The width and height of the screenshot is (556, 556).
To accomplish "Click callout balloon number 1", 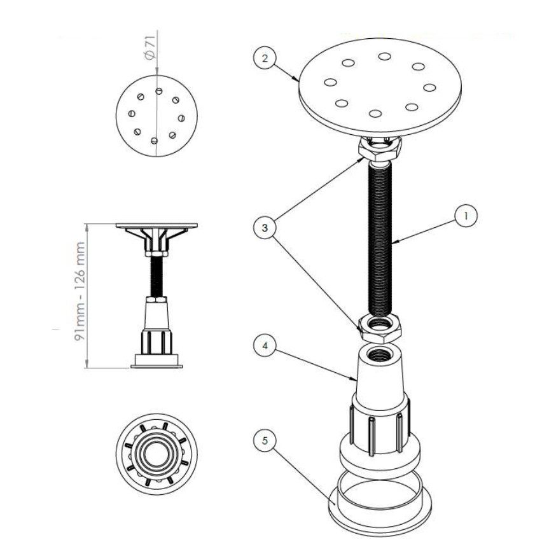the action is [x=466, y=216].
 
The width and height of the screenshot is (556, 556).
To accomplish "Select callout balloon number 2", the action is [x=265, y=58].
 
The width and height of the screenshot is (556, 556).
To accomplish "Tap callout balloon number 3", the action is [x=265, y=228].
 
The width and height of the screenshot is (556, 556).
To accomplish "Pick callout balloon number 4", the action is [x=265, y=345].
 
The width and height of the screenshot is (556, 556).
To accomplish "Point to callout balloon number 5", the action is [x=265, y=441].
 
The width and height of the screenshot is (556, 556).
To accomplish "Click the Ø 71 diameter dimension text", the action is [x=150, y=47].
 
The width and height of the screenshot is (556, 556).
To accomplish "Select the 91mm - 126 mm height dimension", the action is [x=80, y=291].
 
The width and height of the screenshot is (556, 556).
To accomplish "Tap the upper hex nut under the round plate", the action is [x=380, y=149].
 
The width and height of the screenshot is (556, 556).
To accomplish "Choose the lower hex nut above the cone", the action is [x=380, y=328].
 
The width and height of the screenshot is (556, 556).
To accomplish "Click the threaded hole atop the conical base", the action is [x=379, y=354].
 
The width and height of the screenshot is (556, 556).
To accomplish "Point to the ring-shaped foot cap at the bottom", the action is [x=380, y=504].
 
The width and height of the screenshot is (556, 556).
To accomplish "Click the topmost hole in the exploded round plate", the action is [x=384, y=56].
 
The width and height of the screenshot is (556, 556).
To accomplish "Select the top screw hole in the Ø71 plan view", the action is [x=159, y=91].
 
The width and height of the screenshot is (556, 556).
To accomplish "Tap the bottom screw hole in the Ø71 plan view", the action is [x=154, y=141].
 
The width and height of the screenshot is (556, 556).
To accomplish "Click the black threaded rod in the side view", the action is [x=156, y=277].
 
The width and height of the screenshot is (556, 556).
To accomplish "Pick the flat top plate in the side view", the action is [x=156, y=226].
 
